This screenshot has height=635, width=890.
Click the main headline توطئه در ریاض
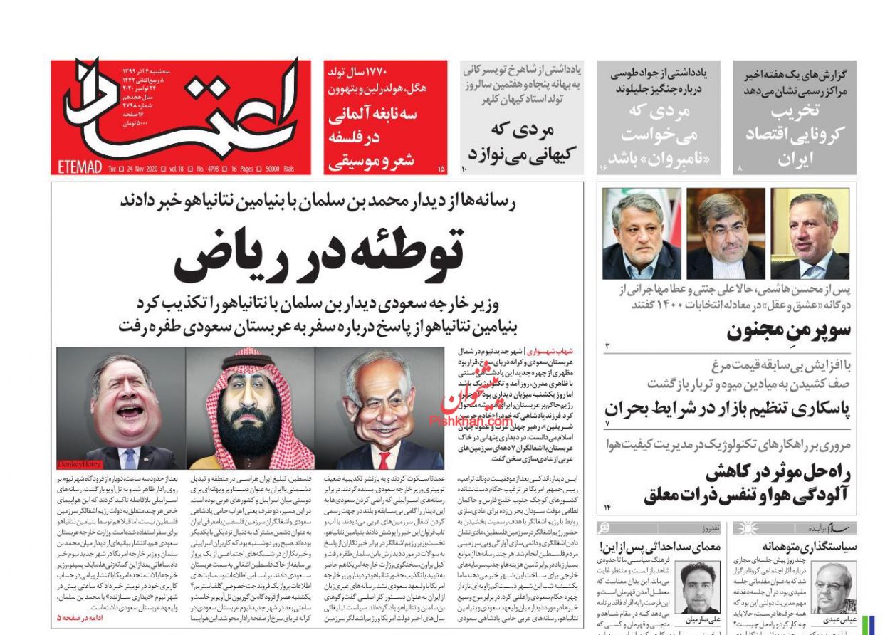point(318,254)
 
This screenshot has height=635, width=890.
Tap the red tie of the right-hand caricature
point(384,458)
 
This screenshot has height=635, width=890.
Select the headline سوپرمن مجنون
point(788,331)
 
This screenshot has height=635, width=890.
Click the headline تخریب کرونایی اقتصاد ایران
point(795,135)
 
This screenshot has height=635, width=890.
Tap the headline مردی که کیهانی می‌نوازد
point(523,142)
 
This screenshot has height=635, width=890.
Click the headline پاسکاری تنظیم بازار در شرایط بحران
point(727,409)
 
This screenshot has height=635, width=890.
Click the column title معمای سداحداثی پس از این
point(661,547)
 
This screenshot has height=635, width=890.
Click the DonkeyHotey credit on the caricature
point(80,464)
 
